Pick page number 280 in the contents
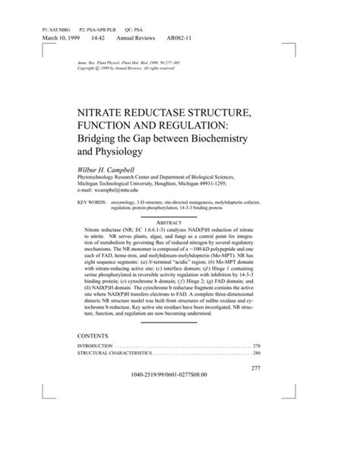[x=256, y=353]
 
